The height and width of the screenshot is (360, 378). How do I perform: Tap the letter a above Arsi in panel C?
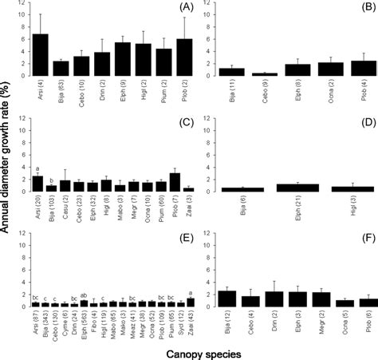pyautogui.click(x=37, y=169)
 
